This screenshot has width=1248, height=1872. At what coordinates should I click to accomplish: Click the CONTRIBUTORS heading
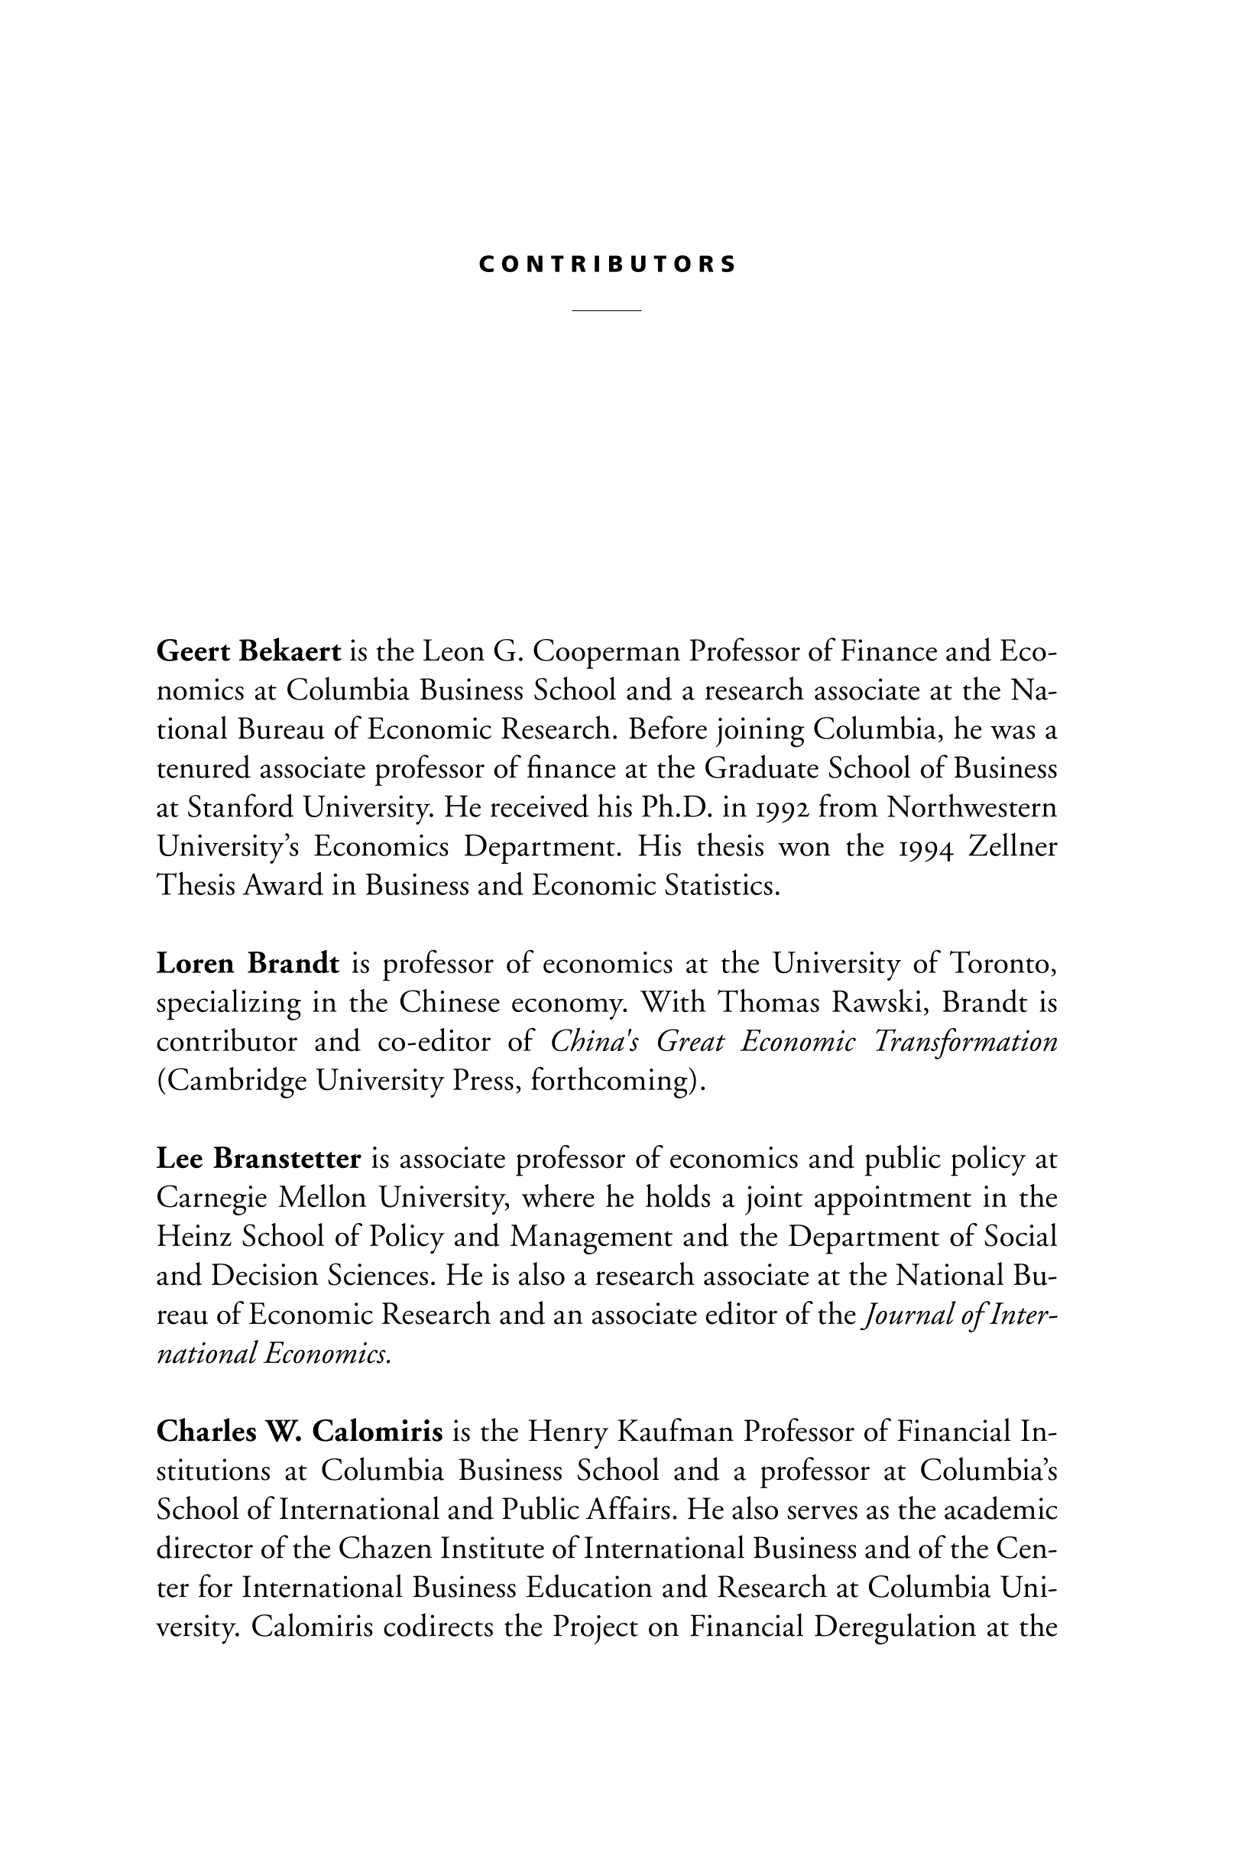pyautogui.click(x=608, y=265)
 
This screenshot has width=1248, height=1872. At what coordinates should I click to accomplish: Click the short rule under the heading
pyautogui.click(x=607, y=310)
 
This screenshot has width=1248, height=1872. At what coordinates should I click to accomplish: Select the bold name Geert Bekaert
pyautogui.click(x=248, y=651)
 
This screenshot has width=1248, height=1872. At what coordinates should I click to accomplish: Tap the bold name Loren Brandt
pyautogui.click(x=248, y=963)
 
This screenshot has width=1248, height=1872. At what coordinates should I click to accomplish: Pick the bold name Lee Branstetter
pyautogui.click(x=258, y=1158)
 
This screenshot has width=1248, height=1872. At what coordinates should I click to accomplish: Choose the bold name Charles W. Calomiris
pyautogui.click(x=300, y=1431)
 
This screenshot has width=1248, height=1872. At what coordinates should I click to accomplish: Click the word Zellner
pyautogui.click(x=1013, y=846)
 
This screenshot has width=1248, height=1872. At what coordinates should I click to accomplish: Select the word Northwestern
pyautogui.click(x=972, y=807)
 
